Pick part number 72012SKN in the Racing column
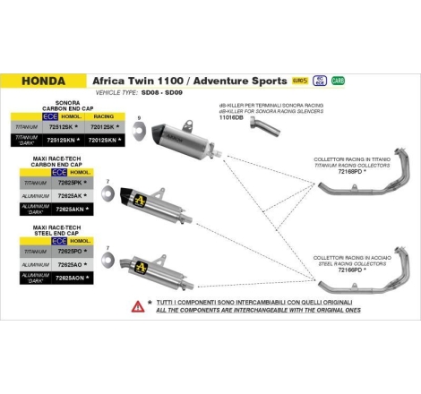point(103,140)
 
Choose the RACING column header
point(102,116)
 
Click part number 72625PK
point(71,182)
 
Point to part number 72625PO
point(71,253)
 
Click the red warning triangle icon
point(137,306)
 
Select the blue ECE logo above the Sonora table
point(52,116)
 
